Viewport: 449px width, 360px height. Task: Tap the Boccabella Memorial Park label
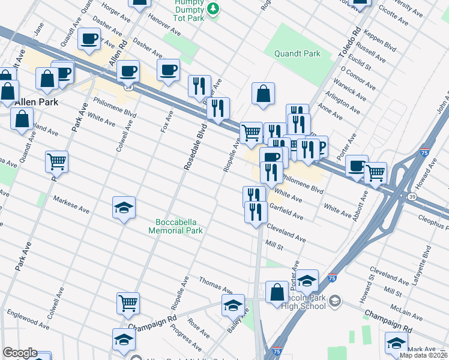pos(176,226)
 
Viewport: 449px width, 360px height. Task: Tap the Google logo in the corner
pos(19,353)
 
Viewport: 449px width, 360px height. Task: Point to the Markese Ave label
pos(71,205)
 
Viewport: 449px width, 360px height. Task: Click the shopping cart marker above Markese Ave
pos(56,161)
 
